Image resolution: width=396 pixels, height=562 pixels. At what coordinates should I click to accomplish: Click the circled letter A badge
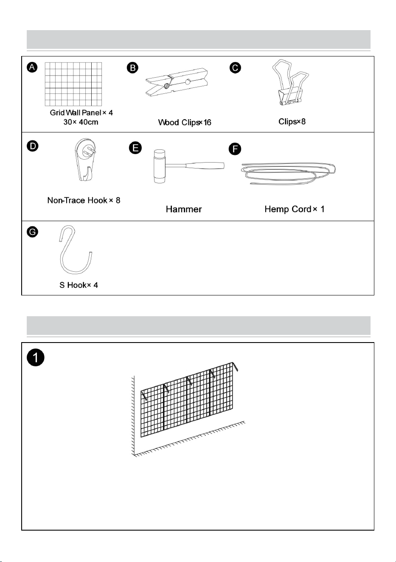coord(32,67)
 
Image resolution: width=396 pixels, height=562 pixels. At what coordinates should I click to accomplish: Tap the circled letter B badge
coord(132,68)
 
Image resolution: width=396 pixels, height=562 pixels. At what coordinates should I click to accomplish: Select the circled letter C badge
coord(235,68)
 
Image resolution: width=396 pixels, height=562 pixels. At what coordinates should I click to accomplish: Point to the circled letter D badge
coord(33,146)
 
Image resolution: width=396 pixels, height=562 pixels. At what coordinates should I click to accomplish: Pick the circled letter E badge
coord(135,148)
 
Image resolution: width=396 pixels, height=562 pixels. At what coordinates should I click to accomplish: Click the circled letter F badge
coord(235,149)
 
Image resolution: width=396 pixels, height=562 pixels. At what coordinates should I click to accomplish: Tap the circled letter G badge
coord(32,232)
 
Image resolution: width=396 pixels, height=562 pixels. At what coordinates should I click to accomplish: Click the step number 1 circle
coord(35,357)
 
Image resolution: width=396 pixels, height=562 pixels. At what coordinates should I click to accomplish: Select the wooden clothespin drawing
coord(177,82)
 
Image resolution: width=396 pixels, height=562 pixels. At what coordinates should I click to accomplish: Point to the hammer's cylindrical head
coord(159,166)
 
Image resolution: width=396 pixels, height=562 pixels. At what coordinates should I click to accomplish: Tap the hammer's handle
coord(205,166)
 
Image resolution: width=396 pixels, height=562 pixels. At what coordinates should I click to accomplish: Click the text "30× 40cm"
coord(81,122)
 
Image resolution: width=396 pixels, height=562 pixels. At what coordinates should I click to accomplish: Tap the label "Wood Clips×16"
coord(185,122)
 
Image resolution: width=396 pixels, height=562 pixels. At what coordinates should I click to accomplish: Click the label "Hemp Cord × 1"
coord(295,209)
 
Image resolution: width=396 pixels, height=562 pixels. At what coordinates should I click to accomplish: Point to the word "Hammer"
coord(184,209)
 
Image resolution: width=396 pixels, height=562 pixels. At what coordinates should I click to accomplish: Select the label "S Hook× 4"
coord(79,285)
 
